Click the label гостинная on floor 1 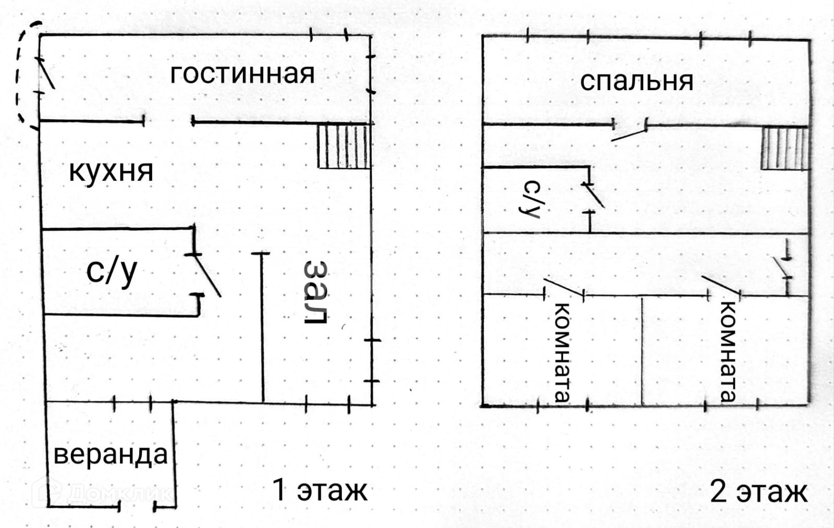(x=242, y=74)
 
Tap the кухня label (x=111, y=171)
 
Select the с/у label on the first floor (x=112, y=272)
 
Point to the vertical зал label (x=316, y=292)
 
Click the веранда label (x=111, y=454)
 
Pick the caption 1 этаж (x=320, y=490)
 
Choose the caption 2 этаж (x=758, y=492)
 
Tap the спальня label (x=636, y=82)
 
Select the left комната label (x=562, y=352)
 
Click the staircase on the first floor (x=344, y=146)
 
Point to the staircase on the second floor (x=784, y=149)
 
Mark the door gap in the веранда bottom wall (x=137, y=506)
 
